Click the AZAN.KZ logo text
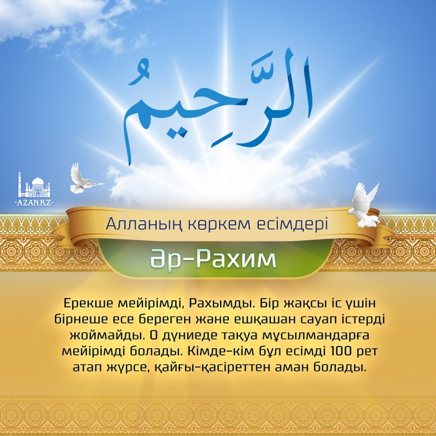click(x=34, y=202)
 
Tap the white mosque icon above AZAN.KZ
click(x=34, y=185)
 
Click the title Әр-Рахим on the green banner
click(x=213, y=259)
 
